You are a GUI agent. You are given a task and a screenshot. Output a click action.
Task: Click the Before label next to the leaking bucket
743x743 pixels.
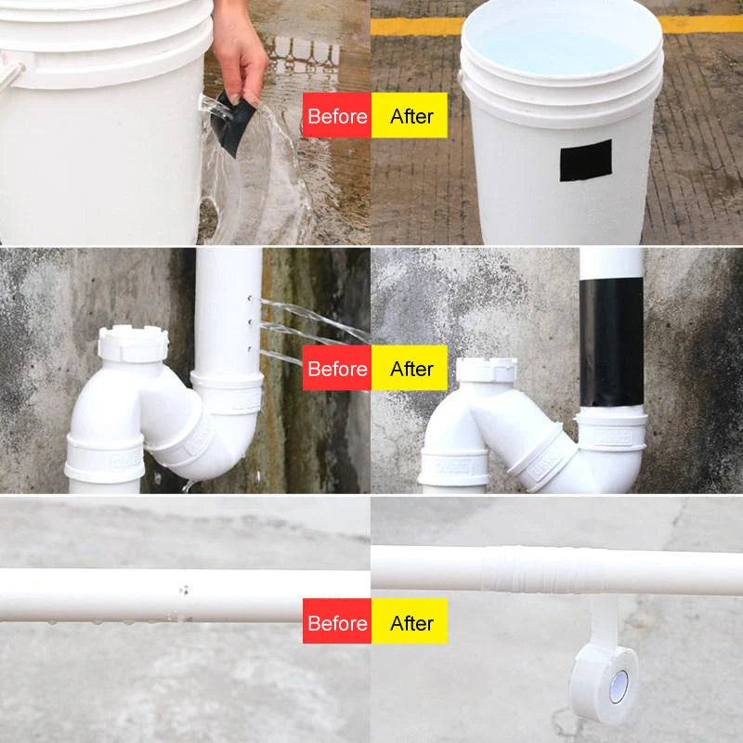point(337,116)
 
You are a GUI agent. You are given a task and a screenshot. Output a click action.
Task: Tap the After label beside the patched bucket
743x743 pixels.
point(410,116)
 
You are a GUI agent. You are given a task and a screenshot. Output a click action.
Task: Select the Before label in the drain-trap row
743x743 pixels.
point(337,369)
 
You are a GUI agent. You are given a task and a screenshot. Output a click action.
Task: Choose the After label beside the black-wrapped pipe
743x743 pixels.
point(410,369)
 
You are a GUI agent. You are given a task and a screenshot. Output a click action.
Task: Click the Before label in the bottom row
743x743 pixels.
point(337,621)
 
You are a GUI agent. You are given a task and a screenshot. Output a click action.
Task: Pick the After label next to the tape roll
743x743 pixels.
point(410,621)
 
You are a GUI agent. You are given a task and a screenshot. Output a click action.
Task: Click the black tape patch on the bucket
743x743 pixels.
point(585,161)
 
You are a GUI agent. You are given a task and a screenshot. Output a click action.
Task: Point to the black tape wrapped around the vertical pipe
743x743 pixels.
point(611,343)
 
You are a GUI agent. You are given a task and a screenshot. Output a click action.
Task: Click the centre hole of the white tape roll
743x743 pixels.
point(618,685)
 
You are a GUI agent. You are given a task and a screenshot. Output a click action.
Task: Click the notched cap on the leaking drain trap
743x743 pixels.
point(133,343)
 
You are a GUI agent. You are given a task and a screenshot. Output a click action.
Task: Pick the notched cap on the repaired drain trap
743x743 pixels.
point(486,369)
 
